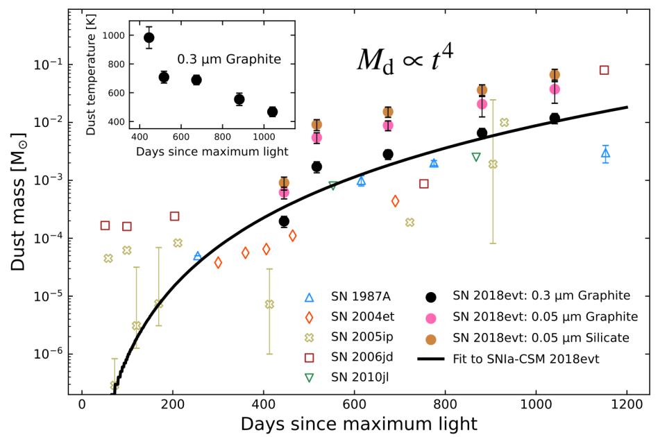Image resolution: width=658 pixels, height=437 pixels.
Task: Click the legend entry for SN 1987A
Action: tap(362, 296)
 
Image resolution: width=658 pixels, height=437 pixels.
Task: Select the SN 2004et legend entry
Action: tap(362, 317)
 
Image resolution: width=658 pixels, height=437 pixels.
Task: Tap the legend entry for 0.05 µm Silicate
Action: tap(541, 338)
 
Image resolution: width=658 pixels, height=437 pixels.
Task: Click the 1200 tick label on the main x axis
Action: tap(627, 406)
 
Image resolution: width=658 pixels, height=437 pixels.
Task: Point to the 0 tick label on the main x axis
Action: tap(82, 406)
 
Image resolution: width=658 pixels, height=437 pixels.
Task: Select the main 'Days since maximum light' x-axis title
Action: tap(359, 423)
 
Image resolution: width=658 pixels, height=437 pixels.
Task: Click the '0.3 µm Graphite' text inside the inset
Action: tap(229, 60)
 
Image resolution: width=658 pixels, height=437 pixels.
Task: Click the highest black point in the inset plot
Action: tap(149, 37)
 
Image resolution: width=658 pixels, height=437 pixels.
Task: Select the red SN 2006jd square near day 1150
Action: tap(604, 70)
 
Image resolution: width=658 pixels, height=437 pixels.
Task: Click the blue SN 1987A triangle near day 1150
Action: tap(605, 153)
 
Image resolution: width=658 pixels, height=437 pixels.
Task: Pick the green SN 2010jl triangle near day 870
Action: tap(475, 157)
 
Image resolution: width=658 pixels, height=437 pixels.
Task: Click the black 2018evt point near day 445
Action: tap(284, 221)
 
